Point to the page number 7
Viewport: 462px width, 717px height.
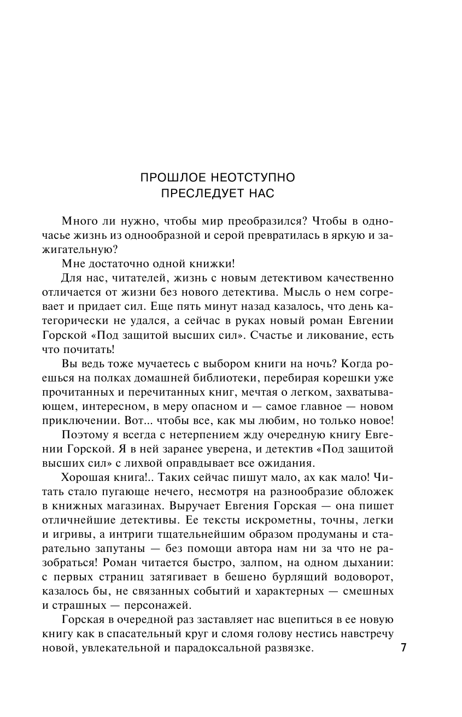point(403,649)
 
